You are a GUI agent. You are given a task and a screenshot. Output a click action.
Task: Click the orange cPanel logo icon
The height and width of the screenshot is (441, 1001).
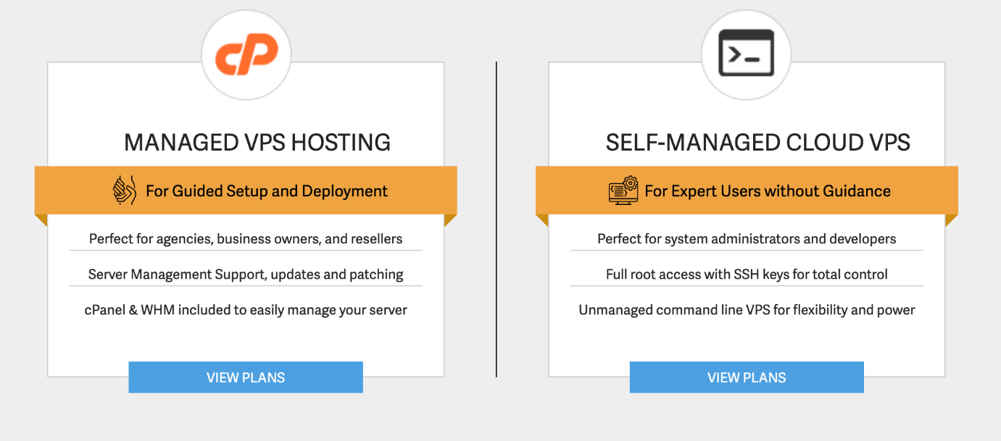(246, 55)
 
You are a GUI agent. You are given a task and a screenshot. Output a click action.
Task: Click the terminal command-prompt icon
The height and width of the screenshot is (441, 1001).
(746, 54)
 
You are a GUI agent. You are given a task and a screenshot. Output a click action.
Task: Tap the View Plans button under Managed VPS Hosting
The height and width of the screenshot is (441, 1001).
(246, 377)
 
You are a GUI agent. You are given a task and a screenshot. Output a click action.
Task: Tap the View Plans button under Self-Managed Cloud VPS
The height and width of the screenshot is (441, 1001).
(747, 377)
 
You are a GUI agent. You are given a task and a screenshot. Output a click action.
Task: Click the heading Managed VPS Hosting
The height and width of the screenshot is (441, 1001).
(257, 143)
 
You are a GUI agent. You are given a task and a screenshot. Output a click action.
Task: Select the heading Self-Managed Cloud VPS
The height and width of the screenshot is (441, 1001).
(757, 143)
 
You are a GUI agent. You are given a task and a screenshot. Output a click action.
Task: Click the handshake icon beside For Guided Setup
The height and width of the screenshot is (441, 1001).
(125, 191)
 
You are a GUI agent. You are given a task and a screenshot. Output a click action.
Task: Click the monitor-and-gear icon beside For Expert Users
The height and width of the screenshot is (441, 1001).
(623, 191)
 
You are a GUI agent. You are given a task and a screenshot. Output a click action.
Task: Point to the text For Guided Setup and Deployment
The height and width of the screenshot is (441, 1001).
(267, 191)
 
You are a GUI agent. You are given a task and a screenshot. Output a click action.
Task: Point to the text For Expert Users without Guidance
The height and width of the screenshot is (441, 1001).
(768, 191)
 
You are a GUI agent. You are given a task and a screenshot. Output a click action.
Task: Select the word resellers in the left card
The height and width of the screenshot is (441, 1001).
(374, 239)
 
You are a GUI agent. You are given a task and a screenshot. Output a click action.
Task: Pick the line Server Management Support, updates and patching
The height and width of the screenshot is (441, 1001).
(246, 274)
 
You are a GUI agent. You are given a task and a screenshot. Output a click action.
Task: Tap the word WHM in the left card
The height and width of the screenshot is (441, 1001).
(158, 310)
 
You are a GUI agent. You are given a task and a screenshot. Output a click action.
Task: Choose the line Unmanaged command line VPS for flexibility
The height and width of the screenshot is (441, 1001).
(747, 310)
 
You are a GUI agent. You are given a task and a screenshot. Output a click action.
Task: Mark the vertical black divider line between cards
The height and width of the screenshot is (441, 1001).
(497, 217)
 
